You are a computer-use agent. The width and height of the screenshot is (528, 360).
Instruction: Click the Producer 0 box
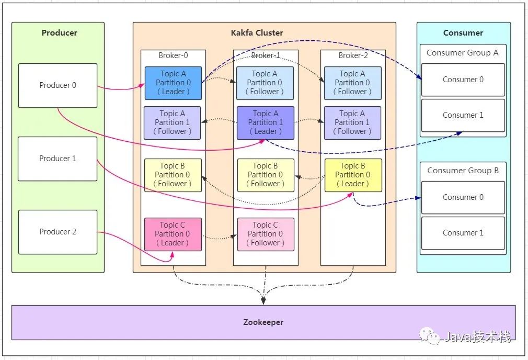pos(58,85)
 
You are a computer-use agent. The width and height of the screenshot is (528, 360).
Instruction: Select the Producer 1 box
pos(58,159)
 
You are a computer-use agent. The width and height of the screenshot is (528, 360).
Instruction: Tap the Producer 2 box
pos(58,232)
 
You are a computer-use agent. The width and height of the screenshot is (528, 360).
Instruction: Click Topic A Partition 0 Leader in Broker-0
pos(173,83)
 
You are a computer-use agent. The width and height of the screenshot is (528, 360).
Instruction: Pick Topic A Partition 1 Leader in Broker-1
pos(266,122)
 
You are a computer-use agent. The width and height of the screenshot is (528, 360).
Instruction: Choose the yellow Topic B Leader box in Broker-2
pos(353,175)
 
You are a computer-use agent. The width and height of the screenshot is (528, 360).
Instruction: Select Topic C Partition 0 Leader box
pos(173,234)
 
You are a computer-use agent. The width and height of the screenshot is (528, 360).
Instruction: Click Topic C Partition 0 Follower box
pos(266,234)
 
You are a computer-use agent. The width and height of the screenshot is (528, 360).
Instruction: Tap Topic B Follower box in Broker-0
pos(173,175)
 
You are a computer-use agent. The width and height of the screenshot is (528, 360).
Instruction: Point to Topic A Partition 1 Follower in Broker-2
pos(352,122)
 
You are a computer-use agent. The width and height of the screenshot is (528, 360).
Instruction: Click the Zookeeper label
pos(263,322)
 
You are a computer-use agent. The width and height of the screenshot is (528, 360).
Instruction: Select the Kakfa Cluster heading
pos(257,33)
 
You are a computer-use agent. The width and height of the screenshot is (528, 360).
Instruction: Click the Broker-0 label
pos(173,55)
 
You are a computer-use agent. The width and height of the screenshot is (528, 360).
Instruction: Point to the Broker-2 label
pos(353,55)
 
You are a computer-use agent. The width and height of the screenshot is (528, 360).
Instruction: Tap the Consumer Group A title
pos(463,53)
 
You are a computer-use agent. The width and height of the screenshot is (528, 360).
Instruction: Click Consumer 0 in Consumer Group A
pos(463,80)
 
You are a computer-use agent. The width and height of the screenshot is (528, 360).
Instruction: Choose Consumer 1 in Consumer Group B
pos(463,233)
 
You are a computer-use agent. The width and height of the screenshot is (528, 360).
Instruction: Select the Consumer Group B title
pos(463,171)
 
